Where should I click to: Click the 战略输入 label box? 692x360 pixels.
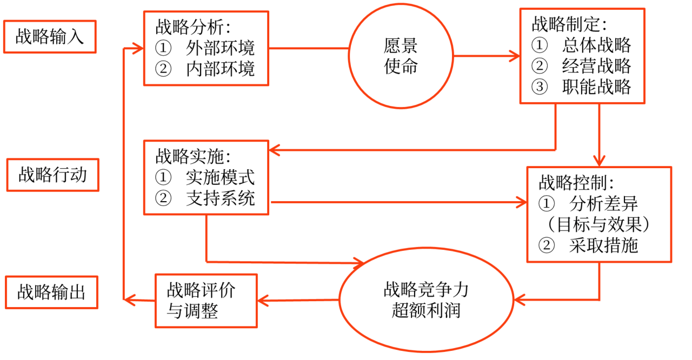coord(50,37)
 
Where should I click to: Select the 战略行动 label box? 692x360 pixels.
coord(52,175)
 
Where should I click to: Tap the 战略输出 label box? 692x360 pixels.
coord(51,292)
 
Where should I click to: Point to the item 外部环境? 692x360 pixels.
coord(219,48)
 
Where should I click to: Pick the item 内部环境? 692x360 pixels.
coord(219,69)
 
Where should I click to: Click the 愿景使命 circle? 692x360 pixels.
coord(401,56)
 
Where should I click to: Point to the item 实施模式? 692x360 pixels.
coord(219,177)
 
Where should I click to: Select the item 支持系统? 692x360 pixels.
coord(219,198)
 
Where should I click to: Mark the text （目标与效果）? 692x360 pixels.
coord(598,224)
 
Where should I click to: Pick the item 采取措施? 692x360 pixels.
coord(603,245)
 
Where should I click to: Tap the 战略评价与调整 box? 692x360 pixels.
coord(206,301)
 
